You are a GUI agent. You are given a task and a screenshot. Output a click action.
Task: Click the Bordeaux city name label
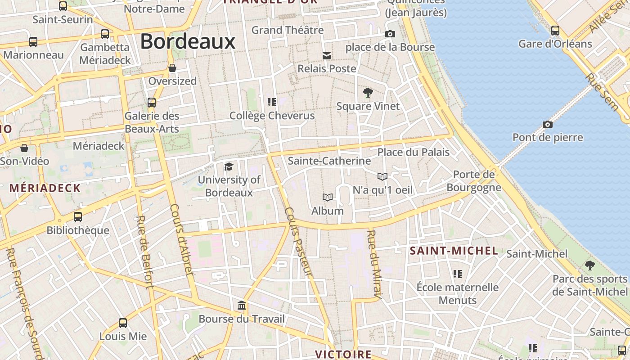tap(188, 41)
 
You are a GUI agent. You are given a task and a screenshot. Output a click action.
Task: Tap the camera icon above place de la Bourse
tap(390, 34)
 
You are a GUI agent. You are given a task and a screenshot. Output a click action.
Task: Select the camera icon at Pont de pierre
tap(548, 124)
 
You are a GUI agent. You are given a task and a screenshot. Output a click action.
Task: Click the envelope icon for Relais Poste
tap(327, 56)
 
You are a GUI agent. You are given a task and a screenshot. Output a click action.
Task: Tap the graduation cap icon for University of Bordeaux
tap(229, 167)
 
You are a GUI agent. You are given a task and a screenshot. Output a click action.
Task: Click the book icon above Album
tap(328, 198)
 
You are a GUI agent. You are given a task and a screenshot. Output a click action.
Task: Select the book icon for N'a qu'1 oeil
tap(382, 176)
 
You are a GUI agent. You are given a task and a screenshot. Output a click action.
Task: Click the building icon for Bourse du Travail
tap(242, 306)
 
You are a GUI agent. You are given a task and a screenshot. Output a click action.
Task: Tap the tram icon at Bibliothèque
tap(78, 217)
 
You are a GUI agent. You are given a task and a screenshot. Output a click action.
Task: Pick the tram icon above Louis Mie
tap(123, 323)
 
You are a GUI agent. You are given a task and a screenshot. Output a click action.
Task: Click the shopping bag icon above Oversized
tap(172, 68)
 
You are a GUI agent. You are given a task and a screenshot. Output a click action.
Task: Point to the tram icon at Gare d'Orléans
tap(555, 31)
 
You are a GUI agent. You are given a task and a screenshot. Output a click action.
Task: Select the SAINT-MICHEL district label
tap(454, 251)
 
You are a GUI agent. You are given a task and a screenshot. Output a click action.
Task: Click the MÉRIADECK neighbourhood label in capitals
tap(45, 188)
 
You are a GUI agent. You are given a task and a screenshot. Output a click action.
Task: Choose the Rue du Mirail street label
tap(374, 264)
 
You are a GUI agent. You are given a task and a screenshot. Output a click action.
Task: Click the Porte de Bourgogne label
tap(474, 181)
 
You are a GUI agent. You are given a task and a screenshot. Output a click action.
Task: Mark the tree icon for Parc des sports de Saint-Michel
tap(589, 265)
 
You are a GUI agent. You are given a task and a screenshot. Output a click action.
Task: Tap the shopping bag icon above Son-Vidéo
tap(24, 148)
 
